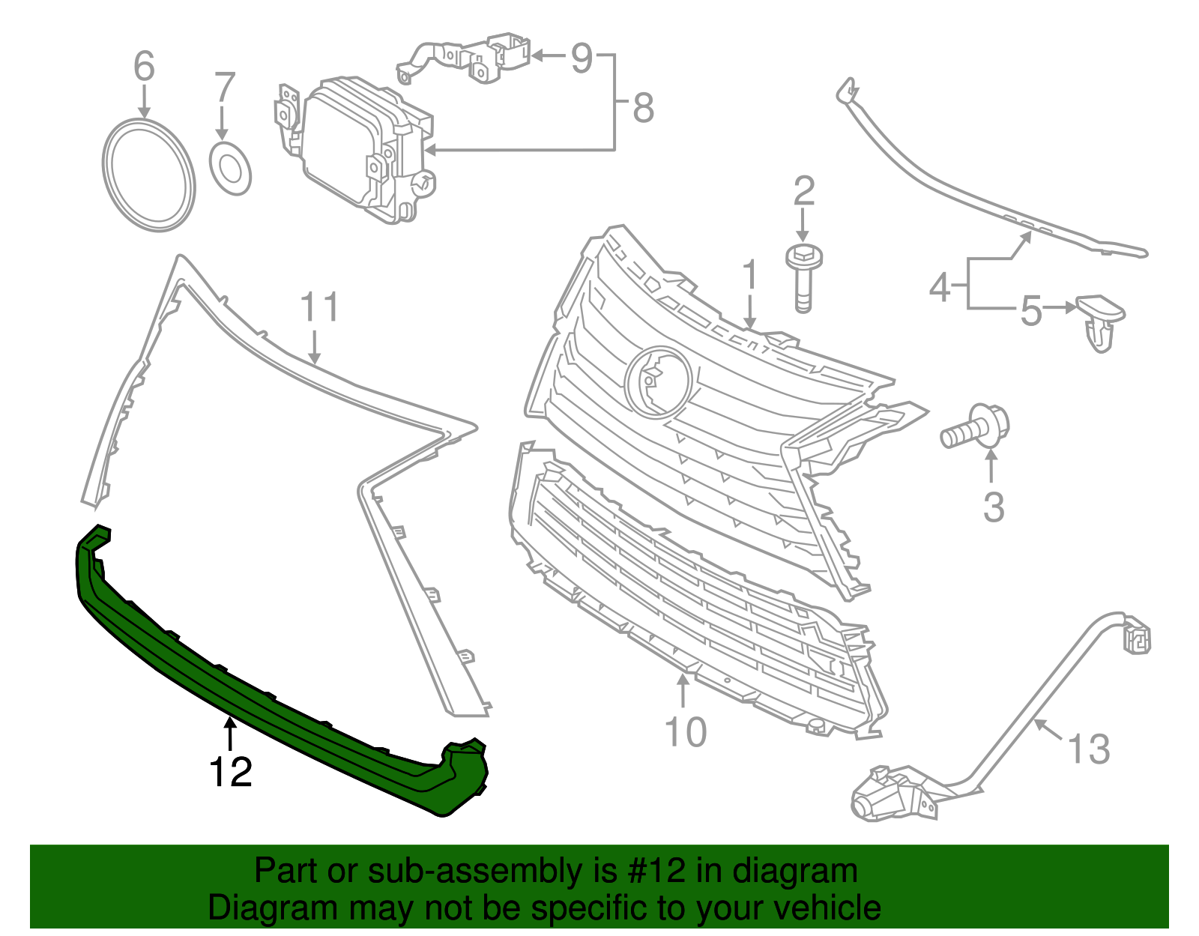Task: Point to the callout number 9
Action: point(582,57)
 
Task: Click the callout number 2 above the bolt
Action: point(803,191)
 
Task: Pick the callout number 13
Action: point(1087,749)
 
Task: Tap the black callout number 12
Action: point(231,772)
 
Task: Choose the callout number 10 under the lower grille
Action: point(685,732)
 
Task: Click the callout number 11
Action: point(319,307)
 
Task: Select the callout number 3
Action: point(993,507)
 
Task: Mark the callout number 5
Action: point(1031,310)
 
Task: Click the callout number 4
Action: point(940,287)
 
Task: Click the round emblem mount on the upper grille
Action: point(658,381)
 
